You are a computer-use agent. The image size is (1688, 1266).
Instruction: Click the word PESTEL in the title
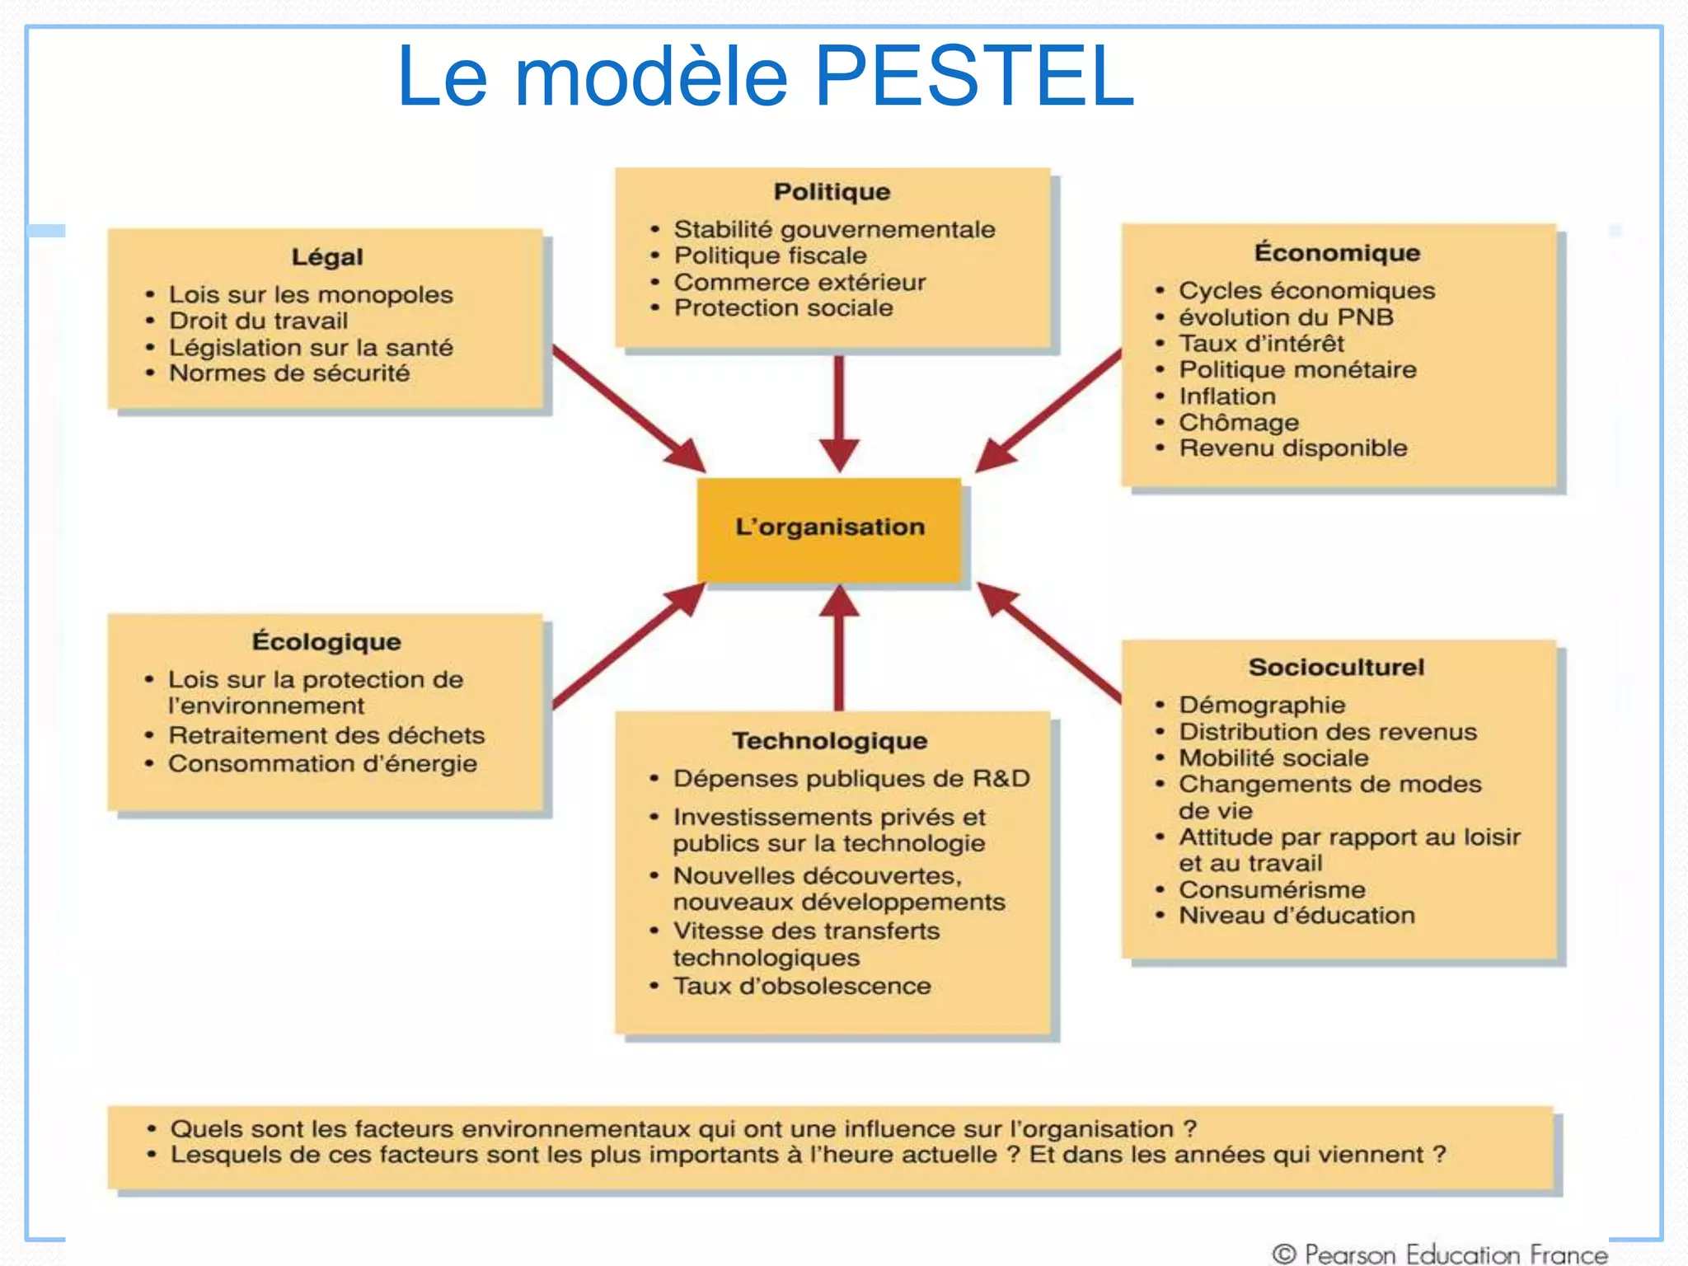(974, 76)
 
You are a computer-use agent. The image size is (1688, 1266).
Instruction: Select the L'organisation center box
(829, 527)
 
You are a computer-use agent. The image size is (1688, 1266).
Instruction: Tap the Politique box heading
(832, 192)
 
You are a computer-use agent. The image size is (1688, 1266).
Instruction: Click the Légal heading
(327, 257)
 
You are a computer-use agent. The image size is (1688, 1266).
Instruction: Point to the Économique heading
(1337, 253)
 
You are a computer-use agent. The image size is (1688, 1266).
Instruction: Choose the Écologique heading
(326, 642)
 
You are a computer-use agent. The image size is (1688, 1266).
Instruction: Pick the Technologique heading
(830, 741)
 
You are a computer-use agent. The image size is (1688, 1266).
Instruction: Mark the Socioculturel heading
(1336, 668)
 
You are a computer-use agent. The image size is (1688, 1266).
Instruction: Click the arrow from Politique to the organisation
(839, 412)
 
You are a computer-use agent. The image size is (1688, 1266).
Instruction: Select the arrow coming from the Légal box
(626, 407)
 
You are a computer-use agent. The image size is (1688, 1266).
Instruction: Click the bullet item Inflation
(1227, 396)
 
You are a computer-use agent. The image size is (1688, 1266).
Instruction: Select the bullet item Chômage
(1239, 423)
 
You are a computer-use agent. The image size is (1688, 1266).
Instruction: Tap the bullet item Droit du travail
(258, 321)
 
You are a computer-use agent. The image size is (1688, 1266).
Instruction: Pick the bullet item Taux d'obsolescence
(802, 987)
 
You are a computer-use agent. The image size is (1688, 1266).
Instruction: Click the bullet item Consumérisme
(1272, 890)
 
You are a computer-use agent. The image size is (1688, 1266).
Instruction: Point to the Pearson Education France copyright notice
(1440, 1254)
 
